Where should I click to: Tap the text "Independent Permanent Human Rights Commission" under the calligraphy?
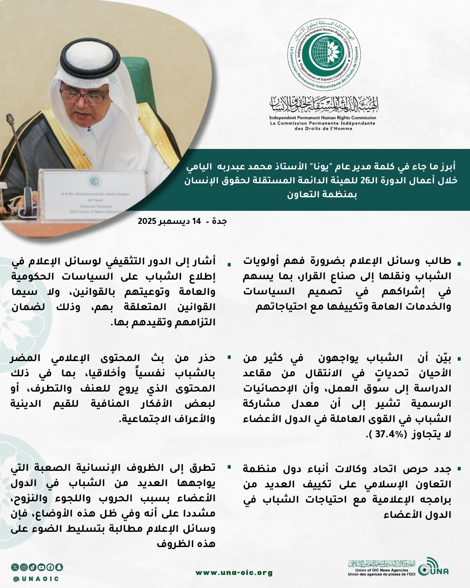click(x=322, y=118)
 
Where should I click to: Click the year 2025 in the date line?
click(x=147, y=221)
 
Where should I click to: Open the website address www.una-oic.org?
click(x=234, y=573)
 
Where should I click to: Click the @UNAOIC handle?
click(x=36, y=579)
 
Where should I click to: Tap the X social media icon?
click(x=15, y=567)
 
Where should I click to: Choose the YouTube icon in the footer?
click(x=41, y=567)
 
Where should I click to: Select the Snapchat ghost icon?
click(x=59, y=567)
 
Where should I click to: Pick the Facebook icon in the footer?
click(x=50, y=567)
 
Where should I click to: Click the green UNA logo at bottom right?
click(x=433, y=568)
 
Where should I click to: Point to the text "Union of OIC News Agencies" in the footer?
click(x=382, y=570)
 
